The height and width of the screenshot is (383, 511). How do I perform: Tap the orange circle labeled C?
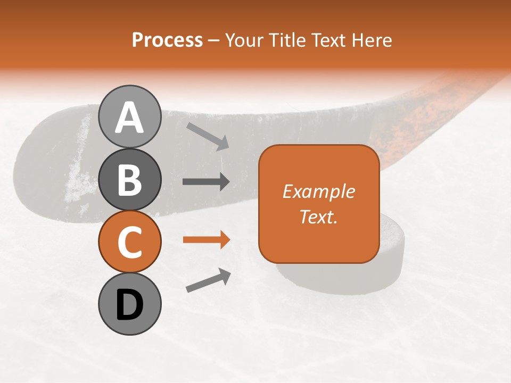click(x=129, y=242)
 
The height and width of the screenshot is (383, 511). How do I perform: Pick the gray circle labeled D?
click(x=129, y=304)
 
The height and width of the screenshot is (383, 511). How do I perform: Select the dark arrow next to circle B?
click(x=206, y=182)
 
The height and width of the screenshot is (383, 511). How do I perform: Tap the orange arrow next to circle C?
click(x=206, y=240)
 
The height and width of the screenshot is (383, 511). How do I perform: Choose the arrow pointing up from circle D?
click(x=208, y=280)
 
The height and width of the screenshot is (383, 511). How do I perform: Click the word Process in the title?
click(x=167, y=40)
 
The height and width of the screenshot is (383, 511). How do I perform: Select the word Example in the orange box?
click(x=318, y=191)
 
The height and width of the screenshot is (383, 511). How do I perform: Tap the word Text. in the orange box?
click(x=318, y=217)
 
